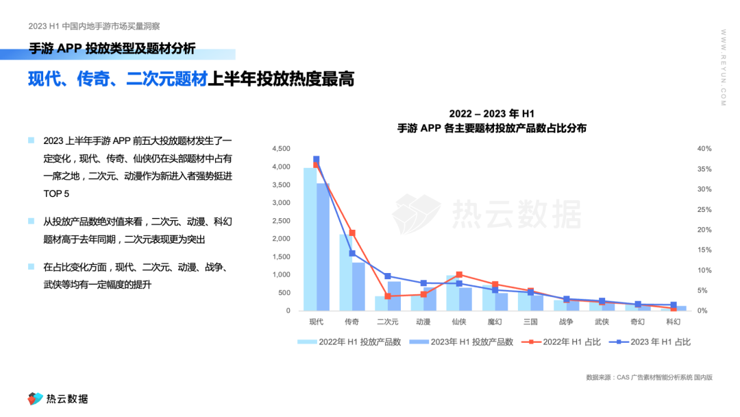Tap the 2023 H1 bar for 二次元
(394, 296)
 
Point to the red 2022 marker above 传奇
(352, 233)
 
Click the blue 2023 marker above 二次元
(388, 276)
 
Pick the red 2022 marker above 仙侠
(459, 274)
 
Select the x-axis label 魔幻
(495, 321)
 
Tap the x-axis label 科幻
(673, 321)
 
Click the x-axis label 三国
(530, 321)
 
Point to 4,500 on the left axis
(282, 149)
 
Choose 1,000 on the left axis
(282, 274)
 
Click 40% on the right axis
(704, 149)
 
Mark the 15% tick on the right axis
(704, 250)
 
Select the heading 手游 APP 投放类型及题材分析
(112, 49)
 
